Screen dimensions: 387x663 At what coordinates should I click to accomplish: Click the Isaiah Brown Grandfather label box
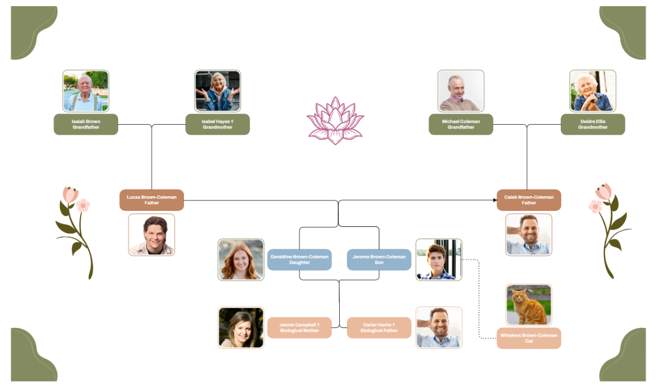pos(86,124)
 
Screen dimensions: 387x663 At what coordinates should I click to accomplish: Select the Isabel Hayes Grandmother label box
pos(217,124)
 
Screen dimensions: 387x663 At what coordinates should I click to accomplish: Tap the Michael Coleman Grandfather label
pos(461,124)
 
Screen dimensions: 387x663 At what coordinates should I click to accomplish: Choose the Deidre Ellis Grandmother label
pos(593,124)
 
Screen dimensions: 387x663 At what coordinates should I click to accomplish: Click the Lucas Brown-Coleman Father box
pos(151,200)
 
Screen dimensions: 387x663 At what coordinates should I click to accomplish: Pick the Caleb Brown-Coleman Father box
pos(529,200)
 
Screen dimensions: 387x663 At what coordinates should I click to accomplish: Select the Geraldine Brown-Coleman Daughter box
pos(299,259)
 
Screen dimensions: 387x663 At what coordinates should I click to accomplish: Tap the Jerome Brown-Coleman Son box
pos(379,259)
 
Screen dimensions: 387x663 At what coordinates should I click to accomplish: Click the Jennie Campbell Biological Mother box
pos(299,327)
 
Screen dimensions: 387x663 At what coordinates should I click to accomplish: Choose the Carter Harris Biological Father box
pos(379,327)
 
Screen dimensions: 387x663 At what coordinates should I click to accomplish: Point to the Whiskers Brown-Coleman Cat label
pos(529,338)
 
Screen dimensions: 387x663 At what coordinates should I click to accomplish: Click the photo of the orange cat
pos(529,305)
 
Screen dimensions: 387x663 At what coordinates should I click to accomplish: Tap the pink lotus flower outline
pos(335,120)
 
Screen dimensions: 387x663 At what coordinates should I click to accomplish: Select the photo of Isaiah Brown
pos(86,91)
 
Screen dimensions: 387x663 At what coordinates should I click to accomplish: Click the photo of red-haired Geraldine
pos(241,259)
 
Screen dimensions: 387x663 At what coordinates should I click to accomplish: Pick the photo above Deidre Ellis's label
pos(593,91)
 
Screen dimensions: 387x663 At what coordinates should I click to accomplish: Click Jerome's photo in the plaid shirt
pos(439,259)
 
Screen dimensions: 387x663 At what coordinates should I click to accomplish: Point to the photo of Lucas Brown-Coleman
pos(151,235)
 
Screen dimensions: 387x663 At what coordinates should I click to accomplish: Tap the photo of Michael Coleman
pos(461,91)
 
